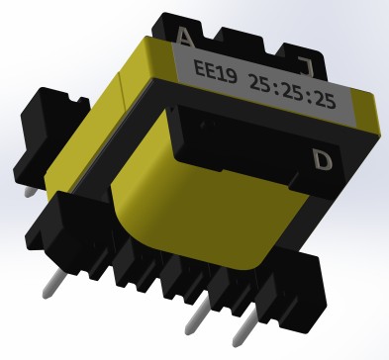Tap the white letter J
tap(305, 66)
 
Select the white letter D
tap(323, 157)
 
